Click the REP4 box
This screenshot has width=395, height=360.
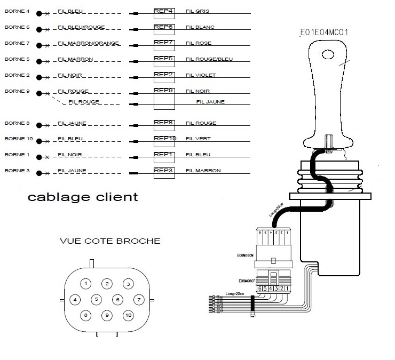pyautogui.click(x=164, y=11)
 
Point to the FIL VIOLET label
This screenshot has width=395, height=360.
pyautogui.click(x=201, y=75)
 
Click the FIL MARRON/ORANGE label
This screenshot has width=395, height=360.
pyautogui.click(x=89, y=43)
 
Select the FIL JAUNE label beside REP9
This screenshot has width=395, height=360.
pyautogui.click(x=210, y=102)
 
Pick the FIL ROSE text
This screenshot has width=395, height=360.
pyautogui.click(x=198, y=43)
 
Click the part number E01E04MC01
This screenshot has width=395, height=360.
pyautogui.click(x=325, y=33)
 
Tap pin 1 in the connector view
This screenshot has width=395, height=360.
pyautogui.click(x=88, y=283)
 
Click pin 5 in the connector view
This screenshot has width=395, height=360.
pyautogui.click(x=97, y=299)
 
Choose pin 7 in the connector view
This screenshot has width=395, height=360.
pyautogui.click(x=138, y=299)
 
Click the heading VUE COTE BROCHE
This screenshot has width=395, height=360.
pyautogui.click(x=110, y=241)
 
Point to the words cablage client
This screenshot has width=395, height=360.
pyautogui.click(x=82, y=197)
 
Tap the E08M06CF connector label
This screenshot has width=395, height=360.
pyautogui.click(x=247, y=281)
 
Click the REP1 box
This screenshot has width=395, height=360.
pyautogui.click(x=164, y=156)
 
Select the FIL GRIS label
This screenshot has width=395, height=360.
pyautogui.click(x=197, y=11)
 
